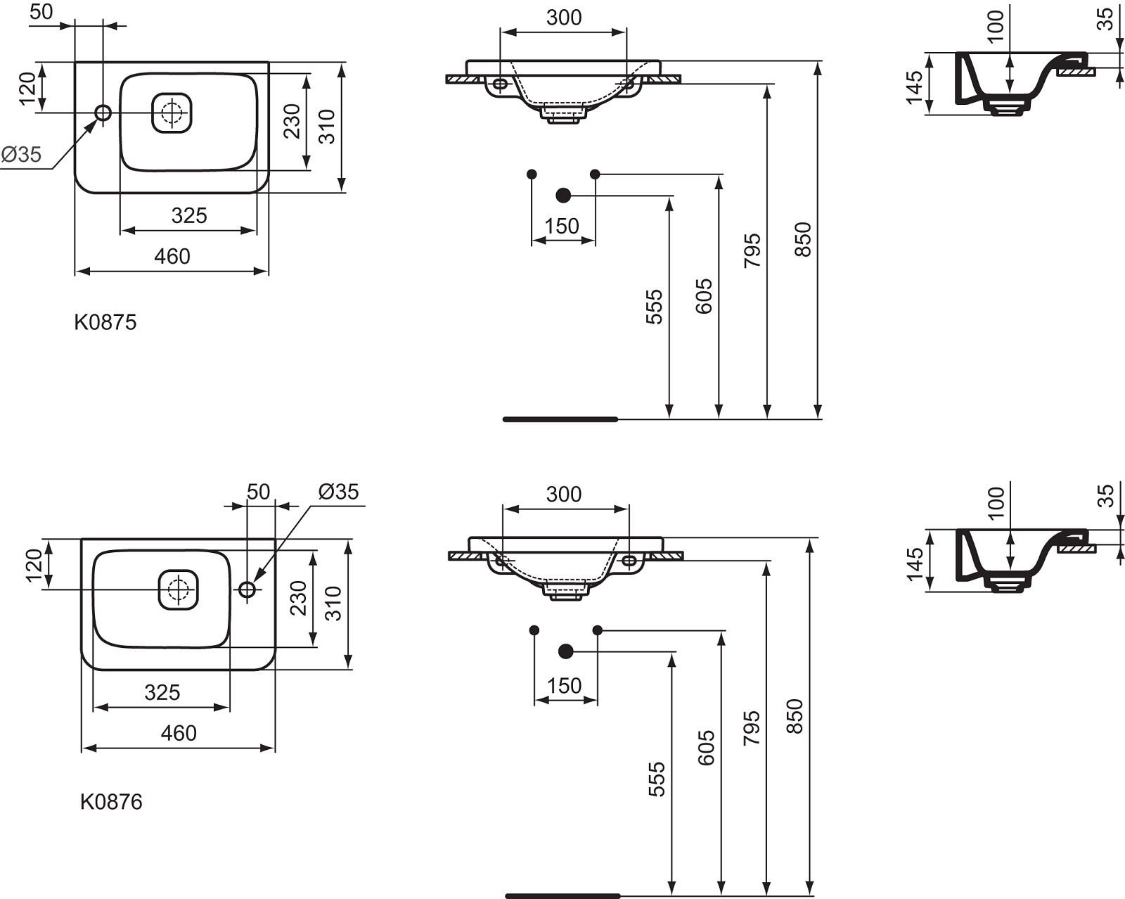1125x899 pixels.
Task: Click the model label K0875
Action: (x=105, y=322)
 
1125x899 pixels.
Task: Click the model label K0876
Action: (x=111, y=802)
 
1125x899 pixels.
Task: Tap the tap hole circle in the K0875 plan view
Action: (x=103, y=113)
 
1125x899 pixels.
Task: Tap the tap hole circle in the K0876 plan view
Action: (x=247, y=589)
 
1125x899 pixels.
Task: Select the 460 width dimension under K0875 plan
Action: (x=172, y=256)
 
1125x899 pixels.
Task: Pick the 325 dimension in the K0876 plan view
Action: (x=162, y=692)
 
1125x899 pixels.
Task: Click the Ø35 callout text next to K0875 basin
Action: (x=21, y=154)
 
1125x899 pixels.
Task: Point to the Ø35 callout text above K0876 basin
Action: (x=338, y=492)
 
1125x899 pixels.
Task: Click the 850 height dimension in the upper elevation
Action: (x=803, y=240)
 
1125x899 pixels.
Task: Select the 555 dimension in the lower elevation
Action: (x=657, y=779)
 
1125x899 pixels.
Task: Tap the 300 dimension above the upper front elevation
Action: (x=564, y=18)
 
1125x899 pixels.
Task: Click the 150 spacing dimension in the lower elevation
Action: (x=564, y=686)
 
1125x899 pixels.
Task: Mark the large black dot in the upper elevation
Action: (x=563, y=196)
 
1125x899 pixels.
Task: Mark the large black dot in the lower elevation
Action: (x=565, y=651)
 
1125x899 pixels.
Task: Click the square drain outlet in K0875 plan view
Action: (x=172, y=113)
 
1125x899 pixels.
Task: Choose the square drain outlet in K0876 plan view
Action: (x=179, y=589)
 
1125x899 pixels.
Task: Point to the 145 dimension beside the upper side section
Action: (x=914, y=87)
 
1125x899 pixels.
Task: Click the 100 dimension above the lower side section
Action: (x=996, y=502)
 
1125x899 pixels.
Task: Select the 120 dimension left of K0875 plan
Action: (x=27, y=89)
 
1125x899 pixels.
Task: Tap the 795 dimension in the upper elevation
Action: (x=752, y=250)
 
